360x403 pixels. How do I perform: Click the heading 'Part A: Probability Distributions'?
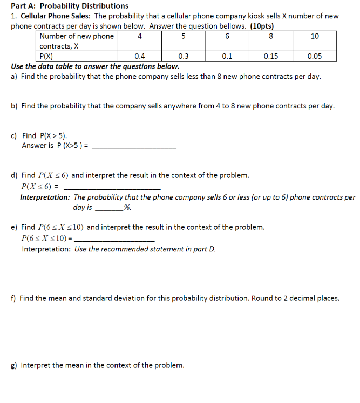70,6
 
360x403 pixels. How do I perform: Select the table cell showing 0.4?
139,56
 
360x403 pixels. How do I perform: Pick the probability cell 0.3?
184,56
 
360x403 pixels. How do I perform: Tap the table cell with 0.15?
271,56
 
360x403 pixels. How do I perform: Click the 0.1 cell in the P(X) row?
227,56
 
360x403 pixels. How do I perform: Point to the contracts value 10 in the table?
315,36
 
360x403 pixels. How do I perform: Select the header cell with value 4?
140,36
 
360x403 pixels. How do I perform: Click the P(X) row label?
46,56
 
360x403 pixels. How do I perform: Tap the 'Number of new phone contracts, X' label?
77,41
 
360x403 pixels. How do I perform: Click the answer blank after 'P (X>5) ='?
134,147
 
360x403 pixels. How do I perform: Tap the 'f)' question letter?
13,298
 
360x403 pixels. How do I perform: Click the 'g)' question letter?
14,365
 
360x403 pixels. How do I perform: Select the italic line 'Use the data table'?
95,66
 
